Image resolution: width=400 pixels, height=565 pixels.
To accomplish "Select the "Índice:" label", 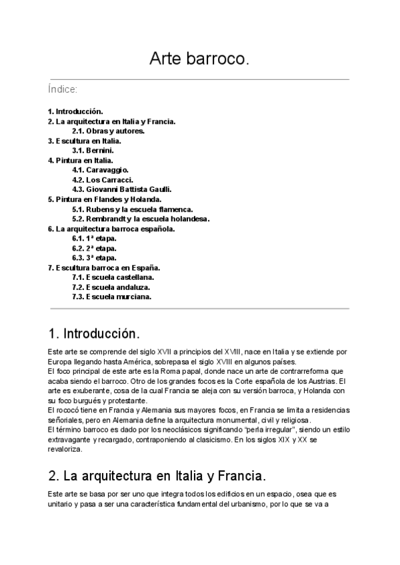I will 63,89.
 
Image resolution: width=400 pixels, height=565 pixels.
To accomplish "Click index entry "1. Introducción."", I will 75,111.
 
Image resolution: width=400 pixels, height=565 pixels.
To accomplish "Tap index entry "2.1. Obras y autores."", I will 108,131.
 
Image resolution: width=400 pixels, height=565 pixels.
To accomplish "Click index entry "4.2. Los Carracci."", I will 103,180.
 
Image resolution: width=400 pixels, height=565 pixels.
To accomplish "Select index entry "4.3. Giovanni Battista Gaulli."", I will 122,190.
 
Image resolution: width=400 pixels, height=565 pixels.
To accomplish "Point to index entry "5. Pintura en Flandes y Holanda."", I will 105,199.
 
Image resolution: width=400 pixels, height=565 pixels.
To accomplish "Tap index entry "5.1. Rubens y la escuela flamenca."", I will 132,209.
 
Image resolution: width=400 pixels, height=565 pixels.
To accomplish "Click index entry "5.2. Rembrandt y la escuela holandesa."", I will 141,219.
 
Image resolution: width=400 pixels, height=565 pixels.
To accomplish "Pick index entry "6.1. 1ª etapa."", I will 95,239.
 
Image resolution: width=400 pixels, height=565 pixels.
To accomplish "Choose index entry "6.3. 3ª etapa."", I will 95,258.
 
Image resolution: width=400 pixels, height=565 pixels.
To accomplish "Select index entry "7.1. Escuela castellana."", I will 113,277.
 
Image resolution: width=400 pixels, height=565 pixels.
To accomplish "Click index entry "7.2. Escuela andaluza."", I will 111,287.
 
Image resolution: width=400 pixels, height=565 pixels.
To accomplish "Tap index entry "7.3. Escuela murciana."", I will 111,297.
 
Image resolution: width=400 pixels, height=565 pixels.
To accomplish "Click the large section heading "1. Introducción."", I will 94,332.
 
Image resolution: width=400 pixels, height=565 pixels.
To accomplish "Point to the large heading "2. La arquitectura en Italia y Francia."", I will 157,476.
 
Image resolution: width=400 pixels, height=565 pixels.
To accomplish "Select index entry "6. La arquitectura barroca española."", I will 111,229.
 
